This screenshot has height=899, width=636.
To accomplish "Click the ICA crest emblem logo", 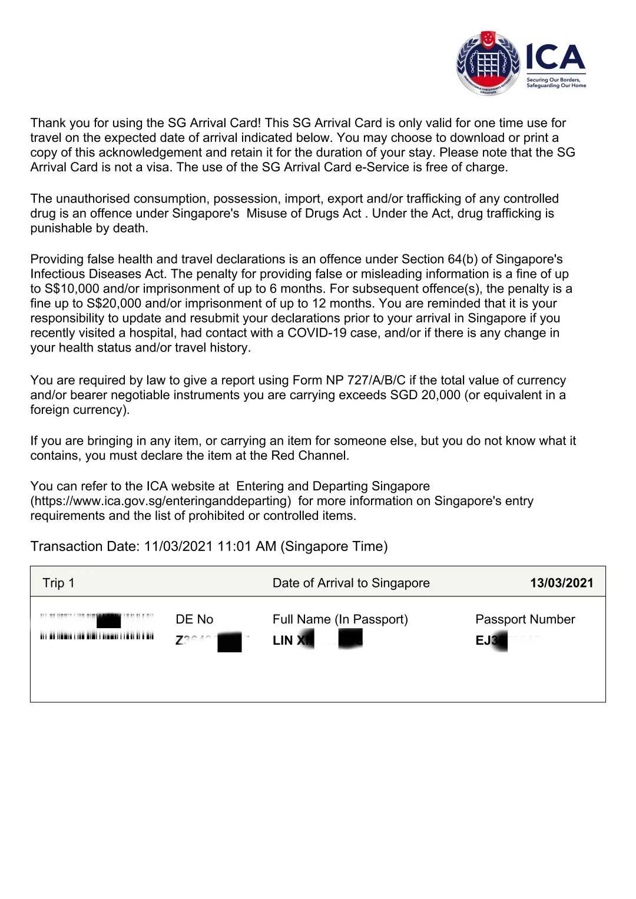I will pos(488,63).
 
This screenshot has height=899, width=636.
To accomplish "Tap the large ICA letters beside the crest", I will pos(555,58).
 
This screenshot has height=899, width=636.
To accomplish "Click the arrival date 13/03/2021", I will pos(561,583).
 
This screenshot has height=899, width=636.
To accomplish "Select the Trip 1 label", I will pos(58,583).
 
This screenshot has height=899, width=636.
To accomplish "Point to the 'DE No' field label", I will pos(194,619).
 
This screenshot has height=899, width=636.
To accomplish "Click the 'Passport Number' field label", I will pos(525,619).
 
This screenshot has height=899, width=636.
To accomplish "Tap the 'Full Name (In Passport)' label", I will pos(340,619).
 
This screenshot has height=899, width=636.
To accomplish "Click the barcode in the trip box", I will pos(97,628).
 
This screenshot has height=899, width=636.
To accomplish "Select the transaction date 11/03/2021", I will pos(178,546).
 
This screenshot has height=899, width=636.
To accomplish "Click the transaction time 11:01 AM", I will pos(247,546).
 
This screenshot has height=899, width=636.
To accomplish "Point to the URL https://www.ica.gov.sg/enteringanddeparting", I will pos(161,501).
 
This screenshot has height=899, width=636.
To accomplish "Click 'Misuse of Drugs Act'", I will pos(303,213).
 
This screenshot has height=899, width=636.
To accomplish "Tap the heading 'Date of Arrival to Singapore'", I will pos(351,583).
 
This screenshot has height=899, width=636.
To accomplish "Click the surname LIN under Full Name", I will pos(283,641).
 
